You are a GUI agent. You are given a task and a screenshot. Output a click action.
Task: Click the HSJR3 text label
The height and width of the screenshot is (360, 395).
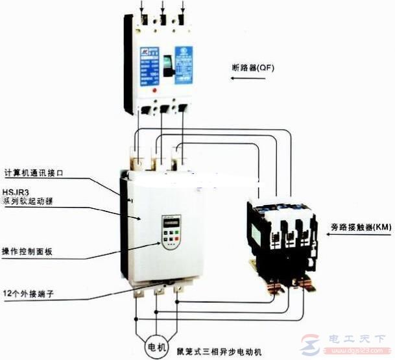click(16, 191)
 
